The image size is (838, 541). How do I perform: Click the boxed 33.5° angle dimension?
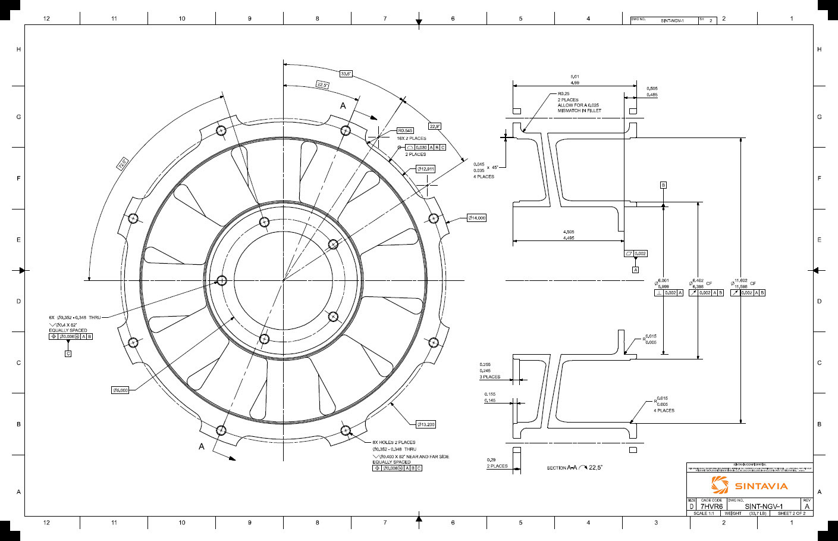(346, 74)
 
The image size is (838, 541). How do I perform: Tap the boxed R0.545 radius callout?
(405, 130)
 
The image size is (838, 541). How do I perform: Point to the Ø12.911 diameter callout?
(425, 169)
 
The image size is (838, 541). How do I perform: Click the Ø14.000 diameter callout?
(476, 218)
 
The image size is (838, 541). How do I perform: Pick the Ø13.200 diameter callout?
(425, 424)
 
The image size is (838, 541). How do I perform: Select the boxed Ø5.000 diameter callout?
(120, 390)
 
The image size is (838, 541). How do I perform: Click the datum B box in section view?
(663, 185)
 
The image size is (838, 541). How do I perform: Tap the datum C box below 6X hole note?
(68, 354)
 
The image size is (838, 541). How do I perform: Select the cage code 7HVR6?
(711, 506)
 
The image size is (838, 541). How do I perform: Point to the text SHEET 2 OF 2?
(792, 513)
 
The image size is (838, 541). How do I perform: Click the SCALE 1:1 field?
(704, 513)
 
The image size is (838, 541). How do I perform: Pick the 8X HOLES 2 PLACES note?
(394, 442)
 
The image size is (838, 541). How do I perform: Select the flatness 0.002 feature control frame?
(635, 254)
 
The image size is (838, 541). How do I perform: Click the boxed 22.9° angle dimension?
(435, 126)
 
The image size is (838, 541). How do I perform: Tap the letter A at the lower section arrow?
(202, 446)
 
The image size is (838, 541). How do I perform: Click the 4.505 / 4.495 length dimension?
(569, 235)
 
